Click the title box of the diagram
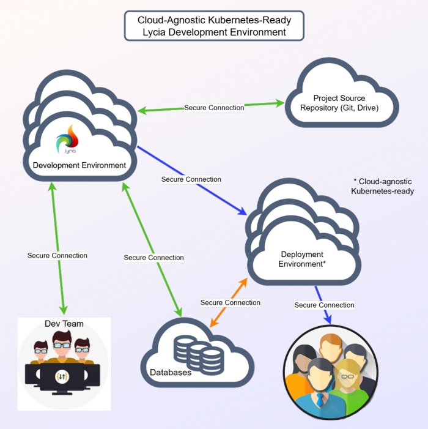click(214, 26)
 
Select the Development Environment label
click(79, 165)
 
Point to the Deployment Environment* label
click(301, 259)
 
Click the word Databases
click(171, 372)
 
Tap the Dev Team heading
click(64, 323)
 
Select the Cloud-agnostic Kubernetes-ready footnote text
click(382, 186)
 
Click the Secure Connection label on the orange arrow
click(230, 302)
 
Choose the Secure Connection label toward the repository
click(214, 107)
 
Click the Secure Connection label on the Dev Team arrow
click(57, 255)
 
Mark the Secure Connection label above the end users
click(324, 305)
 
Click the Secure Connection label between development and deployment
click(191, 179)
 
